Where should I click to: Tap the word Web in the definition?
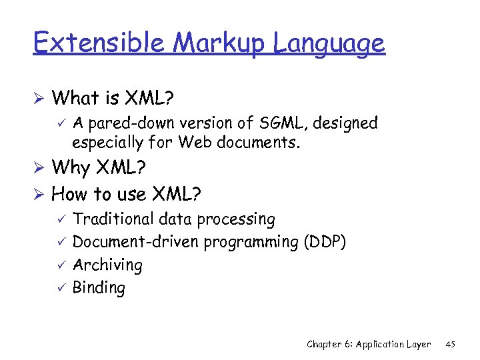click(193, 143)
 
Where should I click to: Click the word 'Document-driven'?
click(136, 242)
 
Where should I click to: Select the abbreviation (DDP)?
click(325, 242)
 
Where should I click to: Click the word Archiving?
click(107, 265)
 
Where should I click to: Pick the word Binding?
click(99, 288)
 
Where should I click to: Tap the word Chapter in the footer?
click(325, 344)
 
